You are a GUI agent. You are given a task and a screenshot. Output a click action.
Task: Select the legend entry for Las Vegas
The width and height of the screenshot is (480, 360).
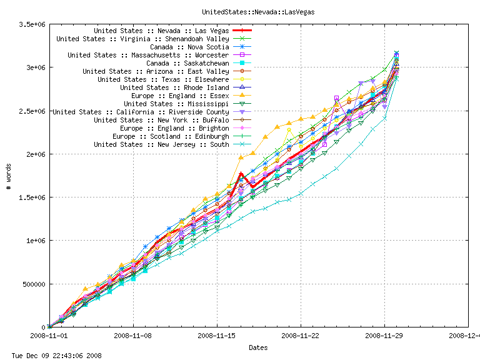coord(161,30)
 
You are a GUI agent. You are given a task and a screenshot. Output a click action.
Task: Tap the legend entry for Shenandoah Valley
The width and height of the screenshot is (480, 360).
coord(142,39)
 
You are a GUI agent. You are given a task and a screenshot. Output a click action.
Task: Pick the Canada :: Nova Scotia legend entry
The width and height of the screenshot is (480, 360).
coord(189,47)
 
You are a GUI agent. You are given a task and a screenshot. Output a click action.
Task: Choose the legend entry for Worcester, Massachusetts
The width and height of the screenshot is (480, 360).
coord(148,55)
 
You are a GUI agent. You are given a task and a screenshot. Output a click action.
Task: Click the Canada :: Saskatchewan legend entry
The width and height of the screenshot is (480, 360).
coord(187,63)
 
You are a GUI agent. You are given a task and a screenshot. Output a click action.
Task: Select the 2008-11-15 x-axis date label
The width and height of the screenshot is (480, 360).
coord(217,336)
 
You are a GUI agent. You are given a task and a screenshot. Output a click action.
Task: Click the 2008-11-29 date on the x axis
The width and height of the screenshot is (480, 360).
coord(384,336)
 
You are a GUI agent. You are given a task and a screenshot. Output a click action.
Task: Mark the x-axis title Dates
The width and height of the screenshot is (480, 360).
coord(258,347)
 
